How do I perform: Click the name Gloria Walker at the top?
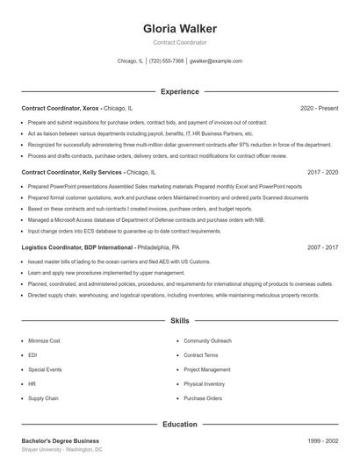click(180, 28)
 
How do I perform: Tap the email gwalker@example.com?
click(215, 61)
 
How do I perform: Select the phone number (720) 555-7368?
click(166, 61)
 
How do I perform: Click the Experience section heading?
click(180, 91)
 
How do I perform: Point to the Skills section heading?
click(180, 322)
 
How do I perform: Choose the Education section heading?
click(180, 425)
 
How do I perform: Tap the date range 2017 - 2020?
click(322, 173)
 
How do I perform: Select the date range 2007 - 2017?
click(322, 247)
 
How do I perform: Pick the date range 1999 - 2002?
click(322, 440)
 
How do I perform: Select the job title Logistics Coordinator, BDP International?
click(78, 247)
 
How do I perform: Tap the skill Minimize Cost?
click(44, 340)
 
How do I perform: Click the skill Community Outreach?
click(207, 340)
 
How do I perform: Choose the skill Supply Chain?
click(43, 398)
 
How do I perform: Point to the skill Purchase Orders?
click(203, 398)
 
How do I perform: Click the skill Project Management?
click(207, 369)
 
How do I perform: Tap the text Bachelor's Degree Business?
click(61, 440)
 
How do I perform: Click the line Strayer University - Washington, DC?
click(62, 449)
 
